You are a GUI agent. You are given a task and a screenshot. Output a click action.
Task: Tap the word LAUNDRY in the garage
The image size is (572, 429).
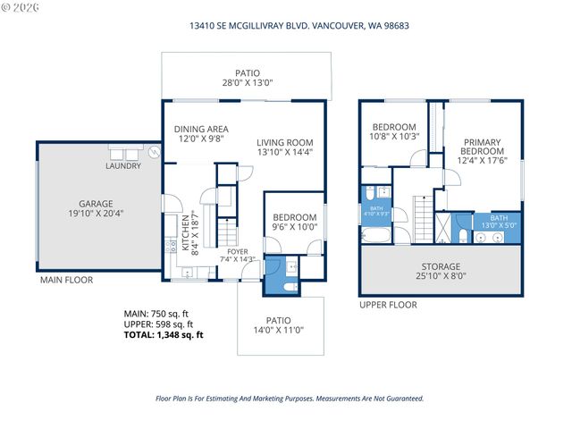pos(123,165)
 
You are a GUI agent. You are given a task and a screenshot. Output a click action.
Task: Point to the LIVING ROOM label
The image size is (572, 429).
pos(284,142)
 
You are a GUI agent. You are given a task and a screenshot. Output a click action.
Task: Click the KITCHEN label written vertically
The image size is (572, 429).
pos(186,234)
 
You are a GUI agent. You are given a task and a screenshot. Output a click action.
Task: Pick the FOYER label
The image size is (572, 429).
pos(237,252)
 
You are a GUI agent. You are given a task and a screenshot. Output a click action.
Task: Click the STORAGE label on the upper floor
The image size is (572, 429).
pos(441,266)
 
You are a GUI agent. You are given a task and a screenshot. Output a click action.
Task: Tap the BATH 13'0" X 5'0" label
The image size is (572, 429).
pos(498,222)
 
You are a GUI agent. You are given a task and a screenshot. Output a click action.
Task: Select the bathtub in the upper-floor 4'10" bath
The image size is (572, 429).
pos(374,237)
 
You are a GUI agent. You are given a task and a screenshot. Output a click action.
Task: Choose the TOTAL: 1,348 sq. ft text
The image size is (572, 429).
pos(164,335)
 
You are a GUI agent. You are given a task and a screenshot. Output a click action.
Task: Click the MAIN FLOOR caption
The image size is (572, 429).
pos(66,281)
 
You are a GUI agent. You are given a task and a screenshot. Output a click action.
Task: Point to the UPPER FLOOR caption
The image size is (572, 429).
pos(388,305)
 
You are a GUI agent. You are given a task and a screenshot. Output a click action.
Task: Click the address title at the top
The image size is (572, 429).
pos(285,25)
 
